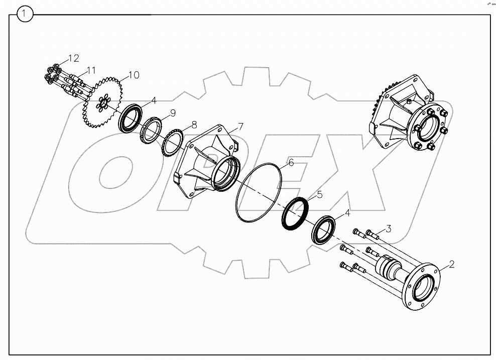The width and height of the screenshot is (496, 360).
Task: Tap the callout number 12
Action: click(x=73, y=58)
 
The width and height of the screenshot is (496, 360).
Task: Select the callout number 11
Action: click(x=90, y=70)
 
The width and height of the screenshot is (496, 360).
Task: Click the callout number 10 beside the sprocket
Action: click(x=133, y=75)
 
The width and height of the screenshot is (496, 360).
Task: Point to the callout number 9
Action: click(x=172, y=112)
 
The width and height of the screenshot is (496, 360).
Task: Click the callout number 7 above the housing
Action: click(x=240, y=126)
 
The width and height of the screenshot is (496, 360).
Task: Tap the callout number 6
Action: click(x=290, y=163)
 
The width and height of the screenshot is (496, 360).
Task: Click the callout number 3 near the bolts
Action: click(x=388, y=229)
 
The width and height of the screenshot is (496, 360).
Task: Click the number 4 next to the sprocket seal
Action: click(x=154, y=100)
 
